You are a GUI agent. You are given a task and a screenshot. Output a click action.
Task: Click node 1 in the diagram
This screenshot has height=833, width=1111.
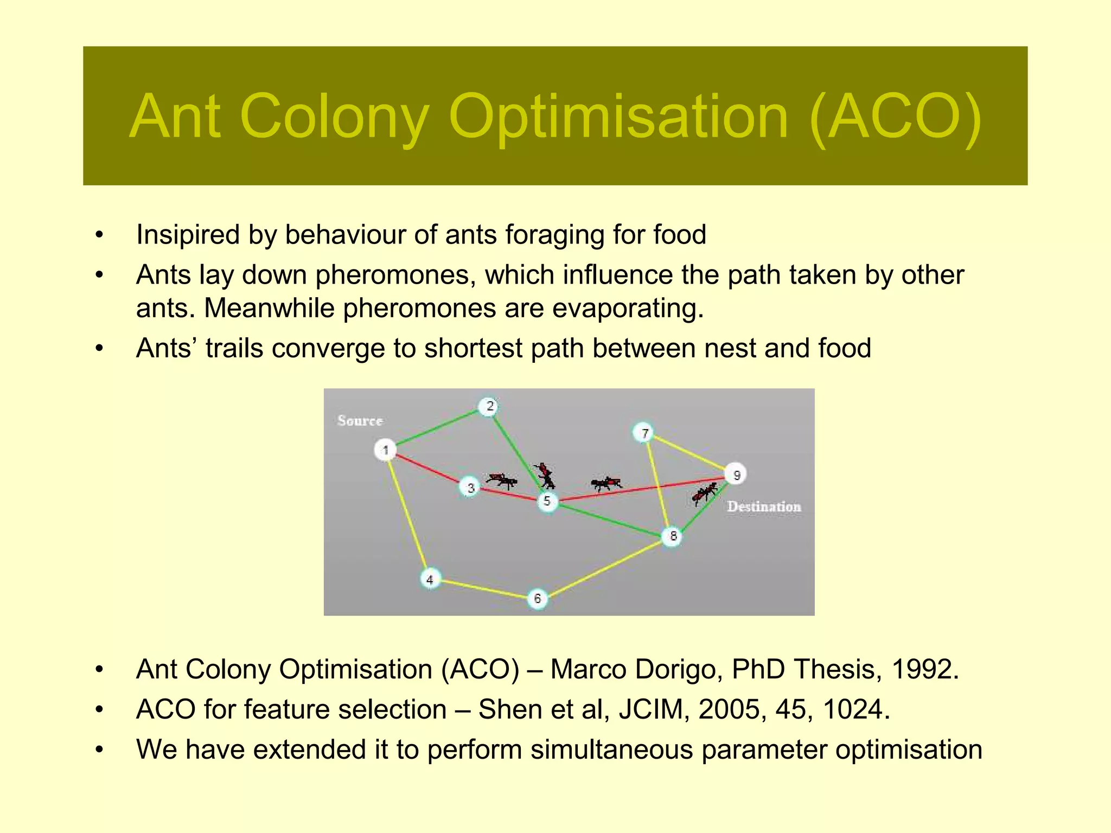(385, 450)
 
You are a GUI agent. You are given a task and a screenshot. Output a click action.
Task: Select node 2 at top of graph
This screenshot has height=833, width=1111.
(489, 406)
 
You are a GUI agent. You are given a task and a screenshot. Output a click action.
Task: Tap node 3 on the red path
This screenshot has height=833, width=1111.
(470, 488)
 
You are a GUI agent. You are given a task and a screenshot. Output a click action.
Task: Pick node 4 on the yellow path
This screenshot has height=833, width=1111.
(430, 579)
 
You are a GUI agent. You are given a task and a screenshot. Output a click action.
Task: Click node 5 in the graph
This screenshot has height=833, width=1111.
(547, 501)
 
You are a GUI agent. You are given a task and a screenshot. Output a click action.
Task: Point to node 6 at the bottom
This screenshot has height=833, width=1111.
(537, 598)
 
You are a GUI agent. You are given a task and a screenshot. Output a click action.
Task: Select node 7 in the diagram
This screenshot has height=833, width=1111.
(644, 433)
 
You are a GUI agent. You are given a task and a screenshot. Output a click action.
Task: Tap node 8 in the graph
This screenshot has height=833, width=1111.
(673, 536)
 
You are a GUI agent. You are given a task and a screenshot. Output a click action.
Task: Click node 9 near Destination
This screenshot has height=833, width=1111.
(736, 475)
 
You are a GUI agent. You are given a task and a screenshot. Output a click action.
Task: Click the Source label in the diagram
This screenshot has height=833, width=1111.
(360, 421)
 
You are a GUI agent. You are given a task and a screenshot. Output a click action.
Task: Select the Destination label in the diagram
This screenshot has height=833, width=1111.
(763, 507)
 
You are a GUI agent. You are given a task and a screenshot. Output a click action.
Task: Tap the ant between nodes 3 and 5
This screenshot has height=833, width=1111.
(501, 479)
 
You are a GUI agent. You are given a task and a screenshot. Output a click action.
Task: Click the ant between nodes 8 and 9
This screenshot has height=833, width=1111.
(704, 493)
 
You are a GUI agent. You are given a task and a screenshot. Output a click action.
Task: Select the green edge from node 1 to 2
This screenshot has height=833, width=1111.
(437, 428)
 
